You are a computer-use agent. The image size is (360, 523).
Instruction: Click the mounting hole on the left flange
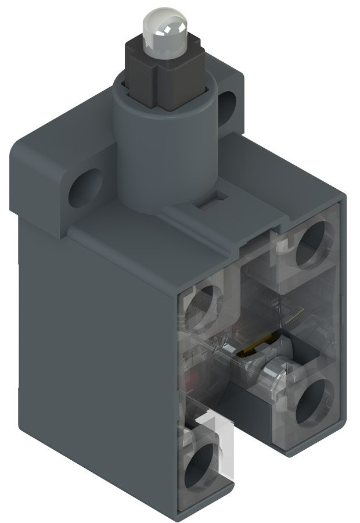(x=85, y=189)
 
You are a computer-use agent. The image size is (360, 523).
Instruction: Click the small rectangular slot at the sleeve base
(x=206, y=204)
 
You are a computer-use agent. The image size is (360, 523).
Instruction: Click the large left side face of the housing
(x=87, y=349)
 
